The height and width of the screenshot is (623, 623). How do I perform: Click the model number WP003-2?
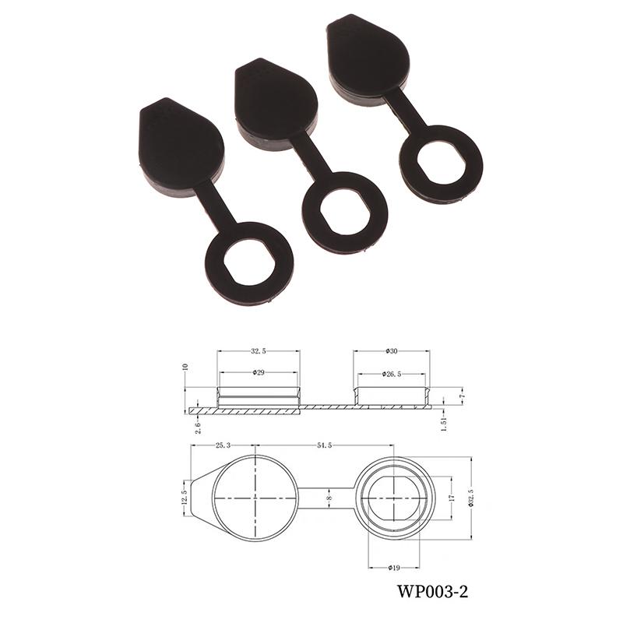(x=432, y=592)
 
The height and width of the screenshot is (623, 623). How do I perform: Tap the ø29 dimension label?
(x=259, y=373)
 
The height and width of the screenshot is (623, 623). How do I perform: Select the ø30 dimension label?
(x=392, y=351)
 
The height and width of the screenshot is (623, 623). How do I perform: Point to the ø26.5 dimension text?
(x=392, y=374)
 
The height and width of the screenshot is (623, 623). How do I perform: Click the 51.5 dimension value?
(x=324, y=445)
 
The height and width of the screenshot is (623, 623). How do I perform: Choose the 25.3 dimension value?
(x=223, y=445)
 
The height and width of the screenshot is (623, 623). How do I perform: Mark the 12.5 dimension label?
(x=184, y=497)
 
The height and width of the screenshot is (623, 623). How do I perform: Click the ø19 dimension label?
(x=393, y=568)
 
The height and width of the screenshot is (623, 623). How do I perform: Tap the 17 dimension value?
(x=451, y=498)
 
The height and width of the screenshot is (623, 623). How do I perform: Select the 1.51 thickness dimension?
(x=445, y=424)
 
